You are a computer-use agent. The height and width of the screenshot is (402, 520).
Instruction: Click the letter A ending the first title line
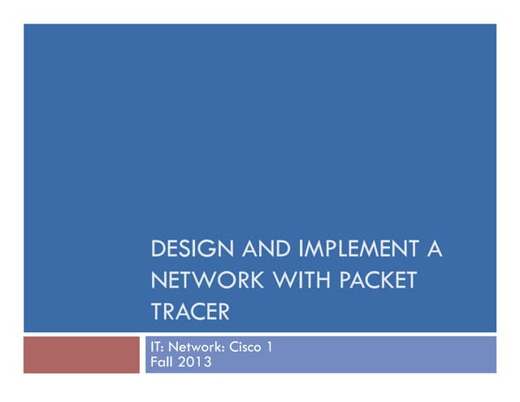(x=435, y=249)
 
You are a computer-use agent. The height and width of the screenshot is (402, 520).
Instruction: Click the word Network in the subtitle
(x=194, y=348)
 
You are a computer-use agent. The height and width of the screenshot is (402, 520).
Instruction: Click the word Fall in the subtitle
(x=162, y=361)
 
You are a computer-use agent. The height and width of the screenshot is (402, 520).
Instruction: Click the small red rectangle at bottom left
(x=81, y=355)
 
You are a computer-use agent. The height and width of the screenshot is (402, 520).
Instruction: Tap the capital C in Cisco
(x=232, y=348)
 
